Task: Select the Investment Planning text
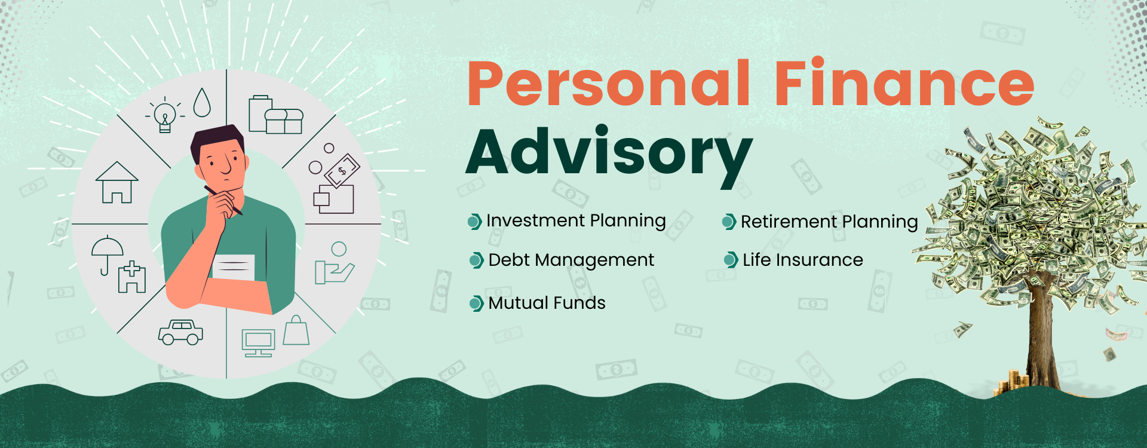pyautogui.click(x=576, y=221)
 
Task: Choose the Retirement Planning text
pyautogui.click(x=829, y=222)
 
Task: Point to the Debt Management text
pyautogui.click(x=571, y=260)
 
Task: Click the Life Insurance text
pyautogui.click(x=803, y=260)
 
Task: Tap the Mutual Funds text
pyautogui.click(x=547, y=303)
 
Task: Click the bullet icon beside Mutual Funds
pyautogui.click(x=476, y=303)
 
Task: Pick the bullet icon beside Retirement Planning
pyautogui.click(x=729, y=222)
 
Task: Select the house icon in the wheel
pyautogui.click(x=117, y=183)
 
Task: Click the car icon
pyautogui.click(x=180, y=333)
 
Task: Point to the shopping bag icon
pyautogui.click(x=296, y=330)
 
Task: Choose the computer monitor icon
pyautogui.click(x=258, y=343)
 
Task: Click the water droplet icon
pyautogui.click(x=203, y=102)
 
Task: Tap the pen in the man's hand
pyautogui.click(x=223, y=201)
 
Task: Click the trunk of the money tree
pyautogui.click(x=1042, y=335)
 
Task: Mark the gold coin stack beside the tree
pyautogui.click(x=1011, y=382)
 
